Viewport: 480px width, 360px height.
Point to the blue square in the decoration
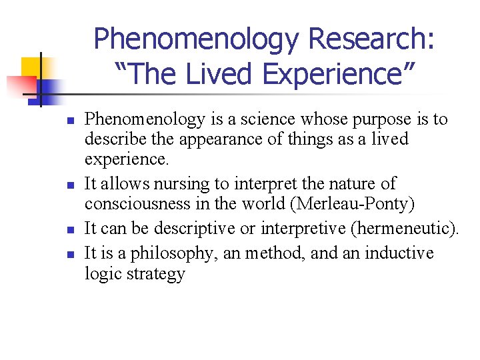(x=48, y=87)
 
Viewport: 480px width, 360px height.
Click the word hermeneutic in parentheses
(x=403, y=229)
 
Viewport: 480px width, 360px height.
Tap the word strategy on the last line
(x=155, y=275)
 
